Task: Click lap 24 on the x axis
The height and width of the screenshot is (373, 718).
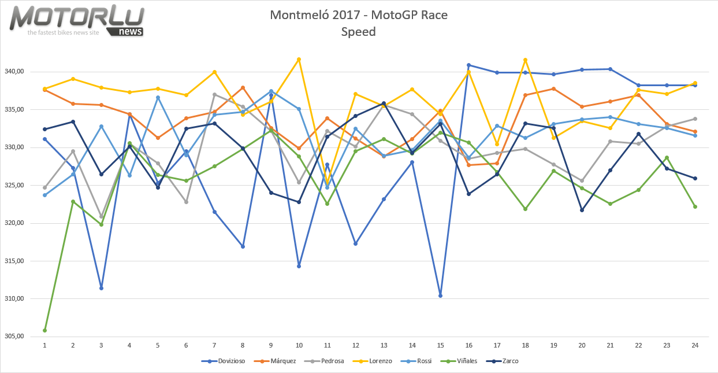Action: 695,345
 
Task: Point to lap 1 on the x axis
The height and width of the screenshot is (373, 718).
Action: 44,345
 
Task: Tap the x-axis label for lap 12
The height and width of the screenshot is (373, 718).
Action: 356,345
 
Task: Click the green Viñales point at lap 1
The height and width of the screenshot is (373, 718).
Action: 44,330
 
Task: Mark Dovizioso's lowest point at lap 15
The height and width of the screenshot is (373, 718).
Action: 440,296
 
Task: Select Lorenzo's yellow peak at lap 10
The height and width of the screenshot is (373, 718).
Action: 299,59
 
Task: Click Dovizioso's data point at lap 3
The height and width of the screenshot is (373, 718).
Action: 101,288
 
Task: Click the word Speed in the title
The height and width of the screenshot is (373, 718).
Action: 358,32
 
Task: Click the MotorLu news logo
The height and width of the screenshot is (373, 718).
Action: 77,21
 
